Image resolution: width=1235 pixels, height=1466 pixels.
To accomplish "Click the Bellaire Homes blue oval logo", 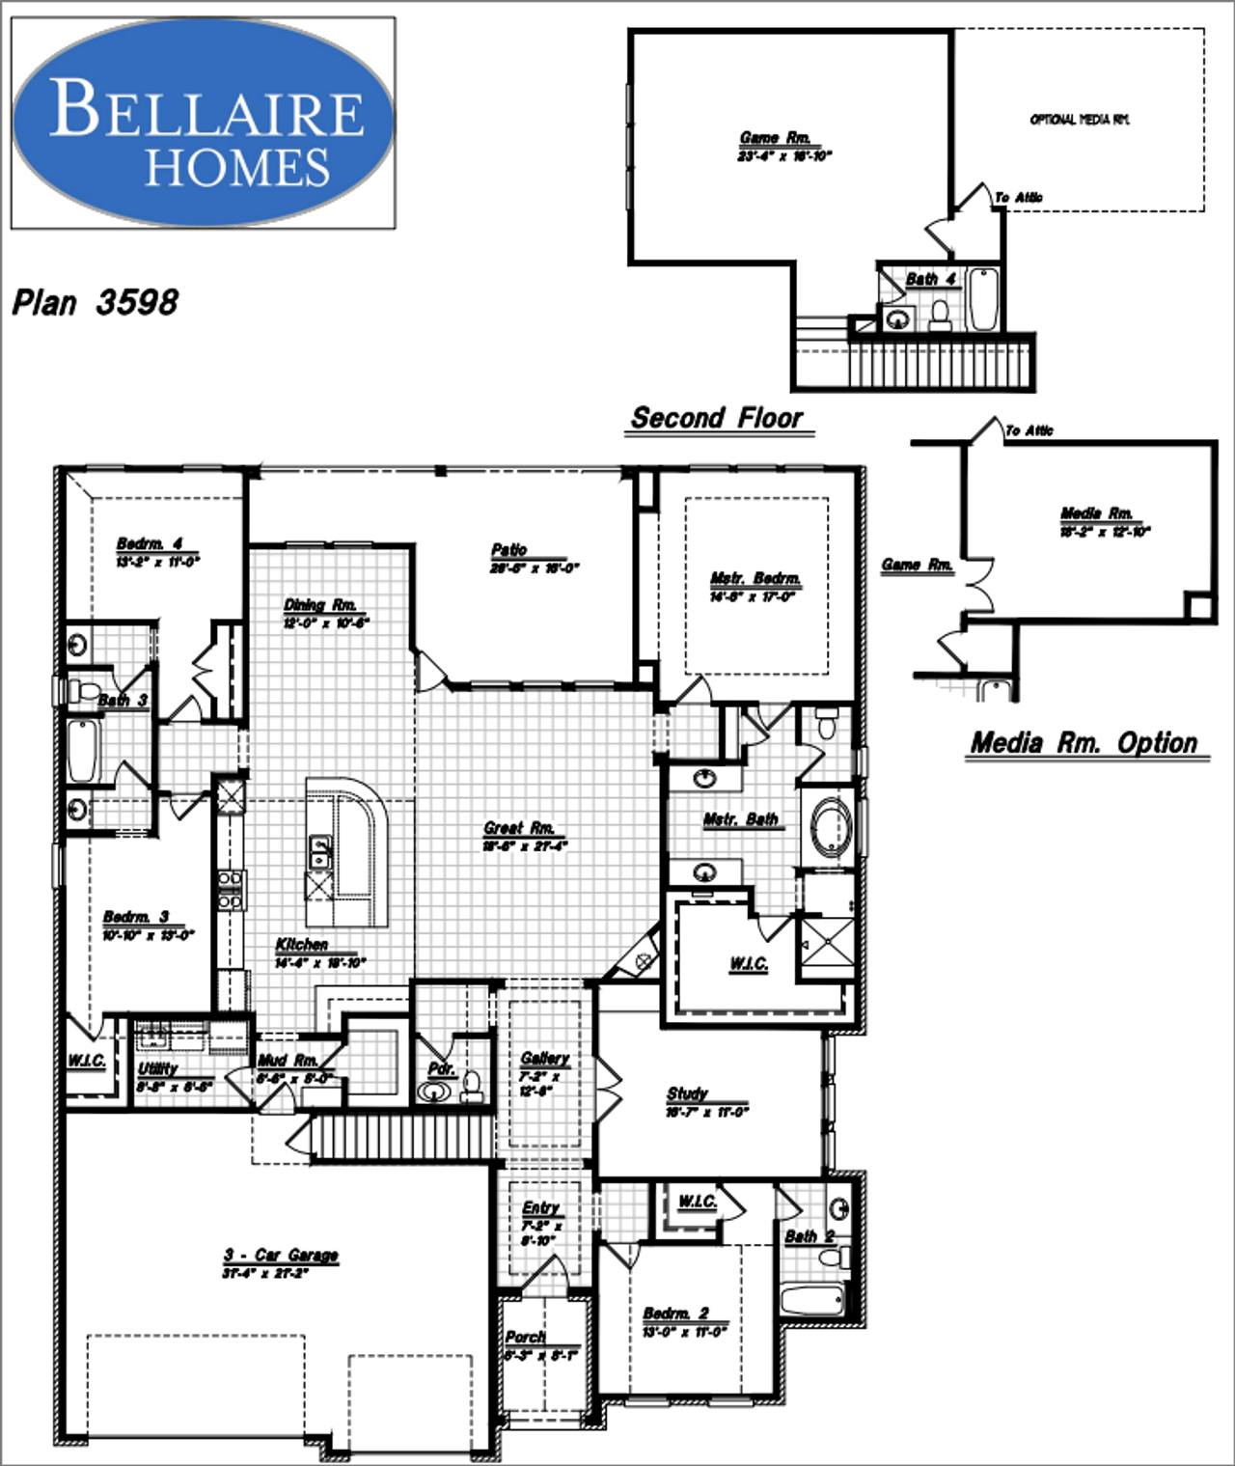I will click(x=203, y=123).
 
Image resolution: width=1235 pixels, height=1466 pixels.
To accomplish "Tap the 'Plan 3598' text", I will click(x=95, y=303).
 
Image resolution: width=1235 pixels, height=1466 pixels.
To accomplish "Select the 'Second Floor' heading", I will click(x=717, y=419).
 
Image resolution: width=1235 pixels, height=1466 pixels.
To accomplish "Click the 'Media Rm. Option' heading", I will click(x=1084, y=743).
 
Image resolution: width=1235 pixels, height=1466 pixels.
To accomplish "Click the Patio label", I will click(x=509, y=550).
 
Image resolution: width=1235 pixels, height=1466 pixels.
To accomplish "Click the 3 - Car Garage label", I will click(x=281, y=1255).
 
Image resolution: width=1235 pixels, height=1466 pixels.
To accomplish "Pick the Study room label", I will click(x=687, y=1093).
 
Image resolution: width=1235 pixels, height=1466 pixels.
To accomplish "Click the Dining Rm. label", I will click(x=320, y=605).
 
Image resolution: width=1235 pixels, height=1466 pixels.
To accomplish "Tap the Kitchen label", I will click(x=301, y=945).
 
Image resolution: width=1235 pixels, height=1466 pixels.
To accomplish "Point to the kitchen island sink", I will click(x=319, y=852).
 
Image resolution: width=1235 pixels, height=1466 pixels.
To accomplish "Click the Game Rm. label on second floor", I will click(x=775, y=138).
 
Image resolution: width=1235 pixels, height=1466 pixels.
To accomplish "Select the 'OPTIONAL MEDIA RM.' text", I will click(x=1079, y=120).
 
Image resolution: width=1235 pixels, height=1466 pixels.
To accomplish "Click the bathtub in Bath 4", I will click(x=982, y=299).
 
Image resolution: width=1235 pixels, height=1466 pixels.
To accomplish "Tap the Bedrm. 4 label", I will click(x=150, y=544).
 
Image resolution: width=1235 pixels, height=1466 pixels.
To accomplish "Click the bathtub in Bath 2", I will click(x=812, y=1300).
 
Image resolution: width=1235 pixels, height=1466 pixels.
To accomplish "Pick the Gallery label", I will click(x=544, y=1059).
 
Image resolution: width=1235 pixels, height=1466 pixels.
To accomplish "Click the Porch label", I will click(x=525, y=1337).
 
